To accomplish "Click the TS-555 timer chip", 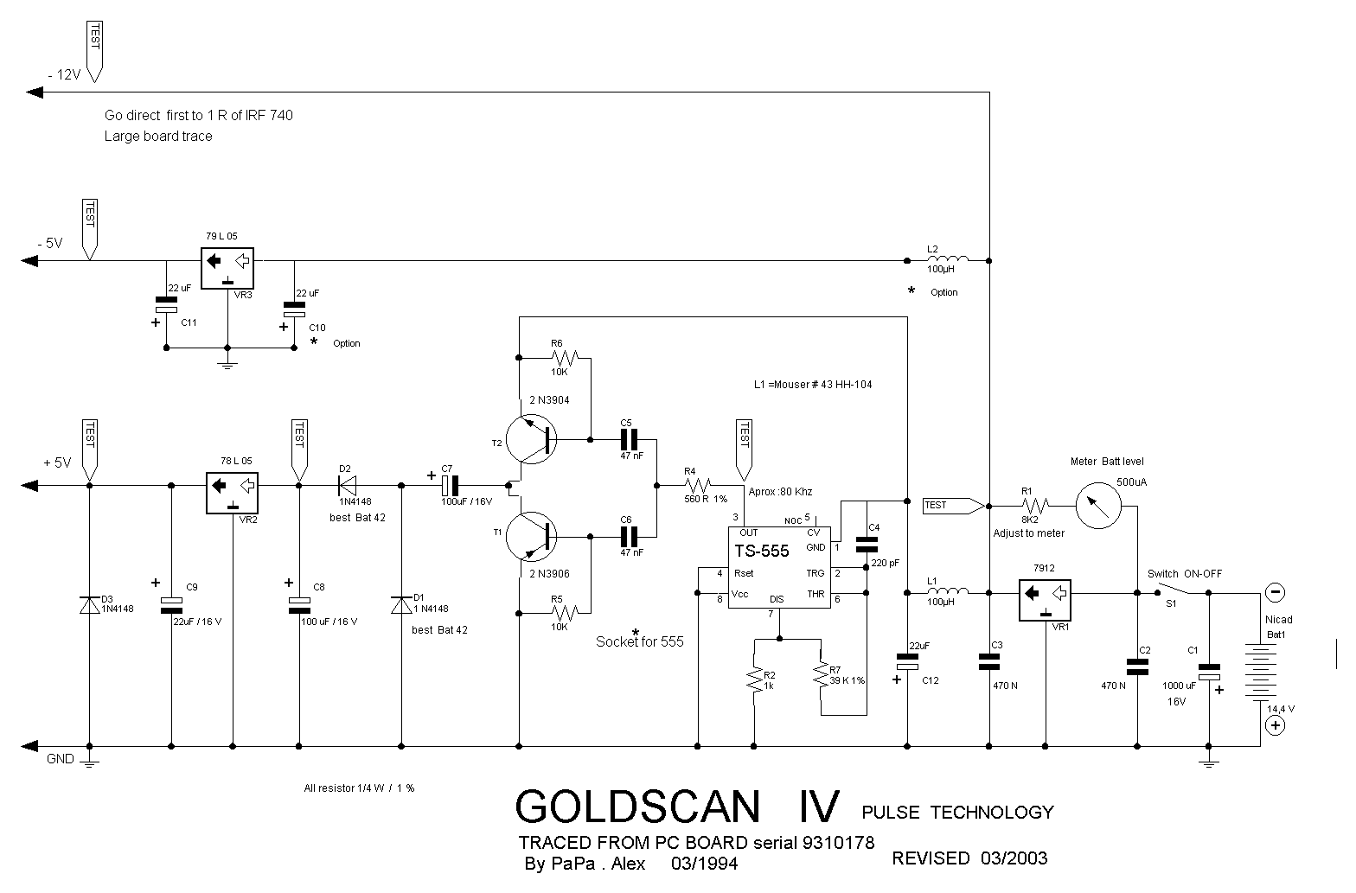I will point(778,566).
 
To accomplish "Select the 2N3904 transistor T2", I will point(530,439).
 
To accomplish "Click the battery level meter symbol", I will point(1098,504).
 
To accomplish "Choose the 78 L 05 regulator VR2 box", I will point(232,491).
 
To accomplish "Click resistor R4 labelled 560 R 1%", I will point(697,484).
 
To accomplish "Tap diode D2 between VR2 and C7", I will point(348,485).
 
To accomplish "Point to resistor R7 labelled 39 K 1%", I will point(821,674).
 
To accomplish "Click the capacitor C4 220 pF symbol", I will point(866,544).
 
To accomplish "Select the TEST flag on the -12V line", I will point(93,48).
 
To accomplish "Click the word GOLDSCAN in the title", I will point(638,807).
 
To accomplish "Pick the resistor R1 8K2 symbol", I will point(1034,505).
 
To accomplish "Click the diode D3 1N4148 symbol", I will point(89,604).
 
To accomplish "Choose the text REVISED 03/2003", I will point(969,858).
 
